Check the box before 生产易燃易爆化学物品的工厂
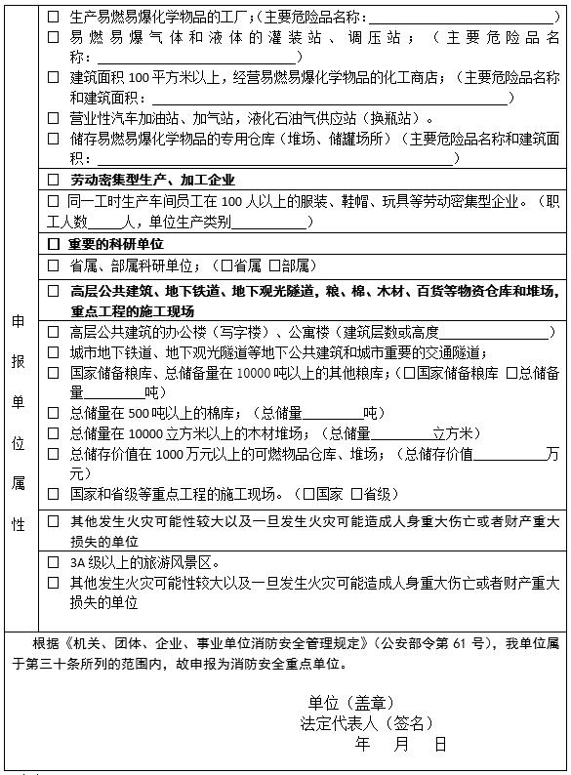click(54, 18)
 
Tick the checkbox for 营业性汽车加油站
click(54, 117)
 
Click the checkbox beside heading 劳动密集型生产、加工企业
click(54, 180)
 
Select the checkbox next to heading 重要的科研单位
click(54, 243)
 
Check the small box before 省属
click(226, 265)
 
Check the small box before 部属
click(274, 265)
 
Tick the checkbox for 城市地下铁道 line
click(54, 352)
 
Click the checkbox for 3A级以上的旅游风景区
click(54, 562)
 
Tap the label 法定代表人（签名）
click(366, 723)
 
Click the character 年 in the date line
click(363, 744)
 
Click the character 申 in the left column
click(18, 321)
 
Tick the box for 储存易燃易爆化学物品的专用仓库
click(54, 139)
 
